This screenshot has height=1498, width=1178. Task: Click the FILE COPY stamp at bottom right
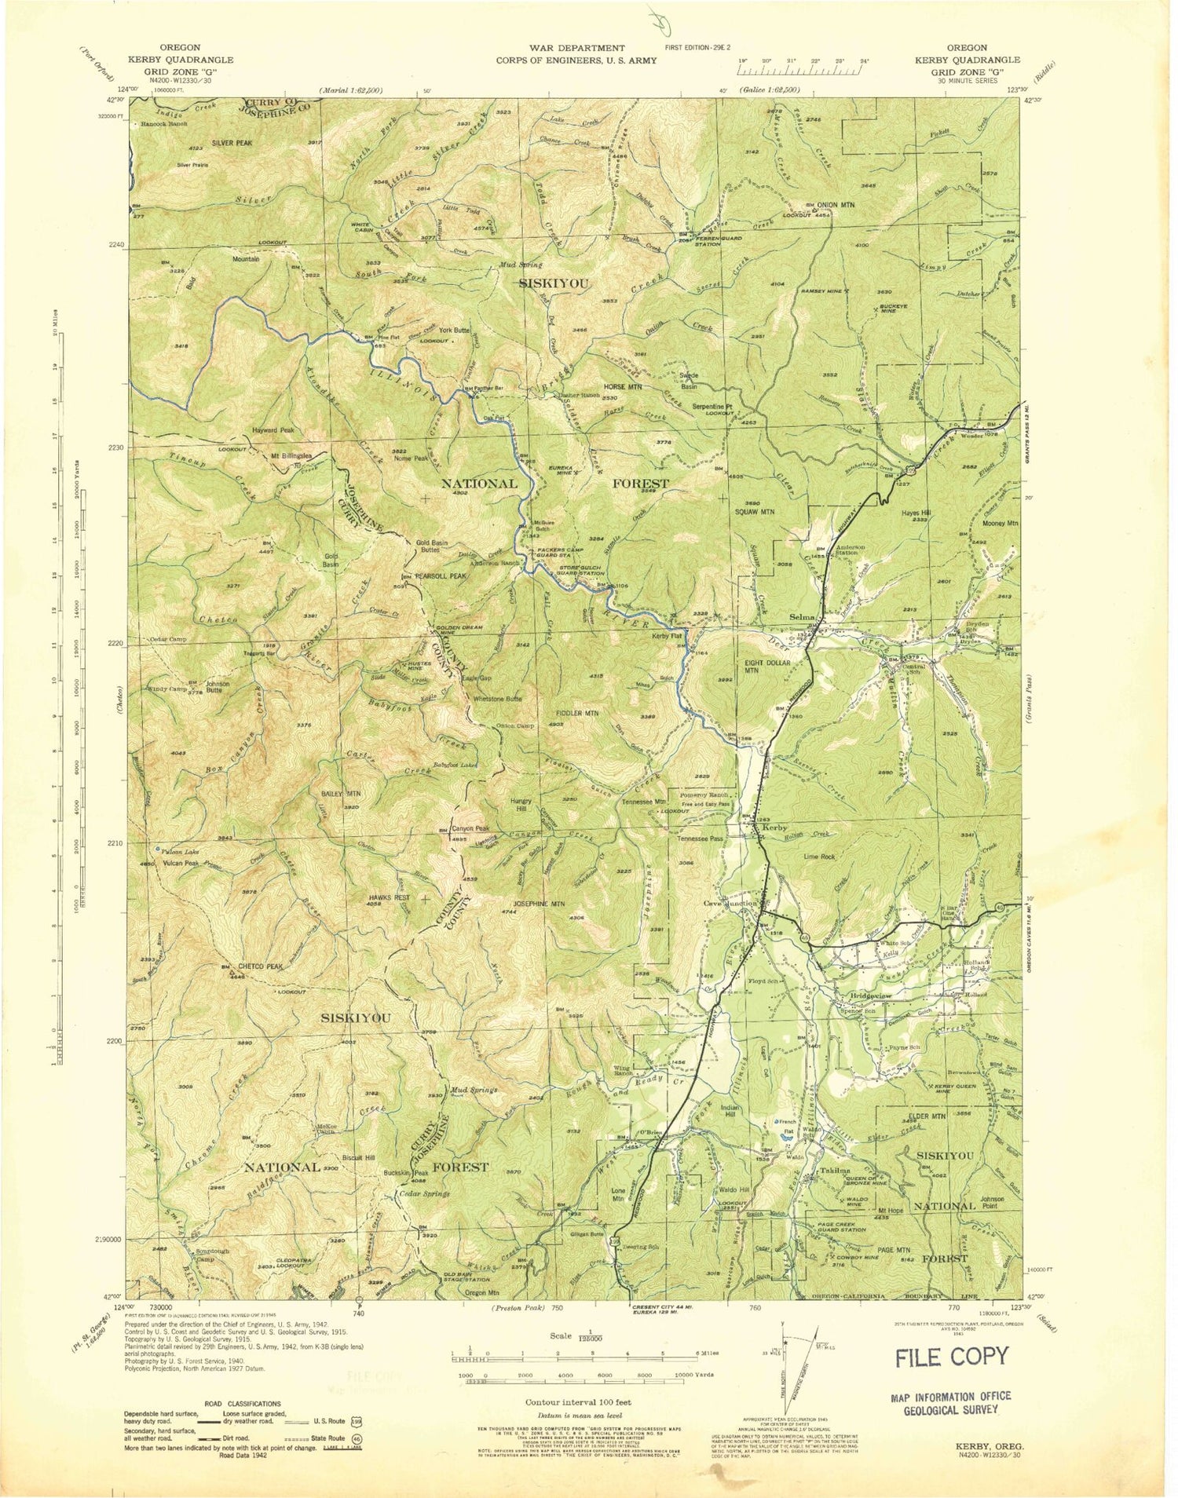(x=952, y=1356)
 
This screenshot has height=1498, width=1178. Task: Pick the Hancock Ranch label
(x=164, y=125)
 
